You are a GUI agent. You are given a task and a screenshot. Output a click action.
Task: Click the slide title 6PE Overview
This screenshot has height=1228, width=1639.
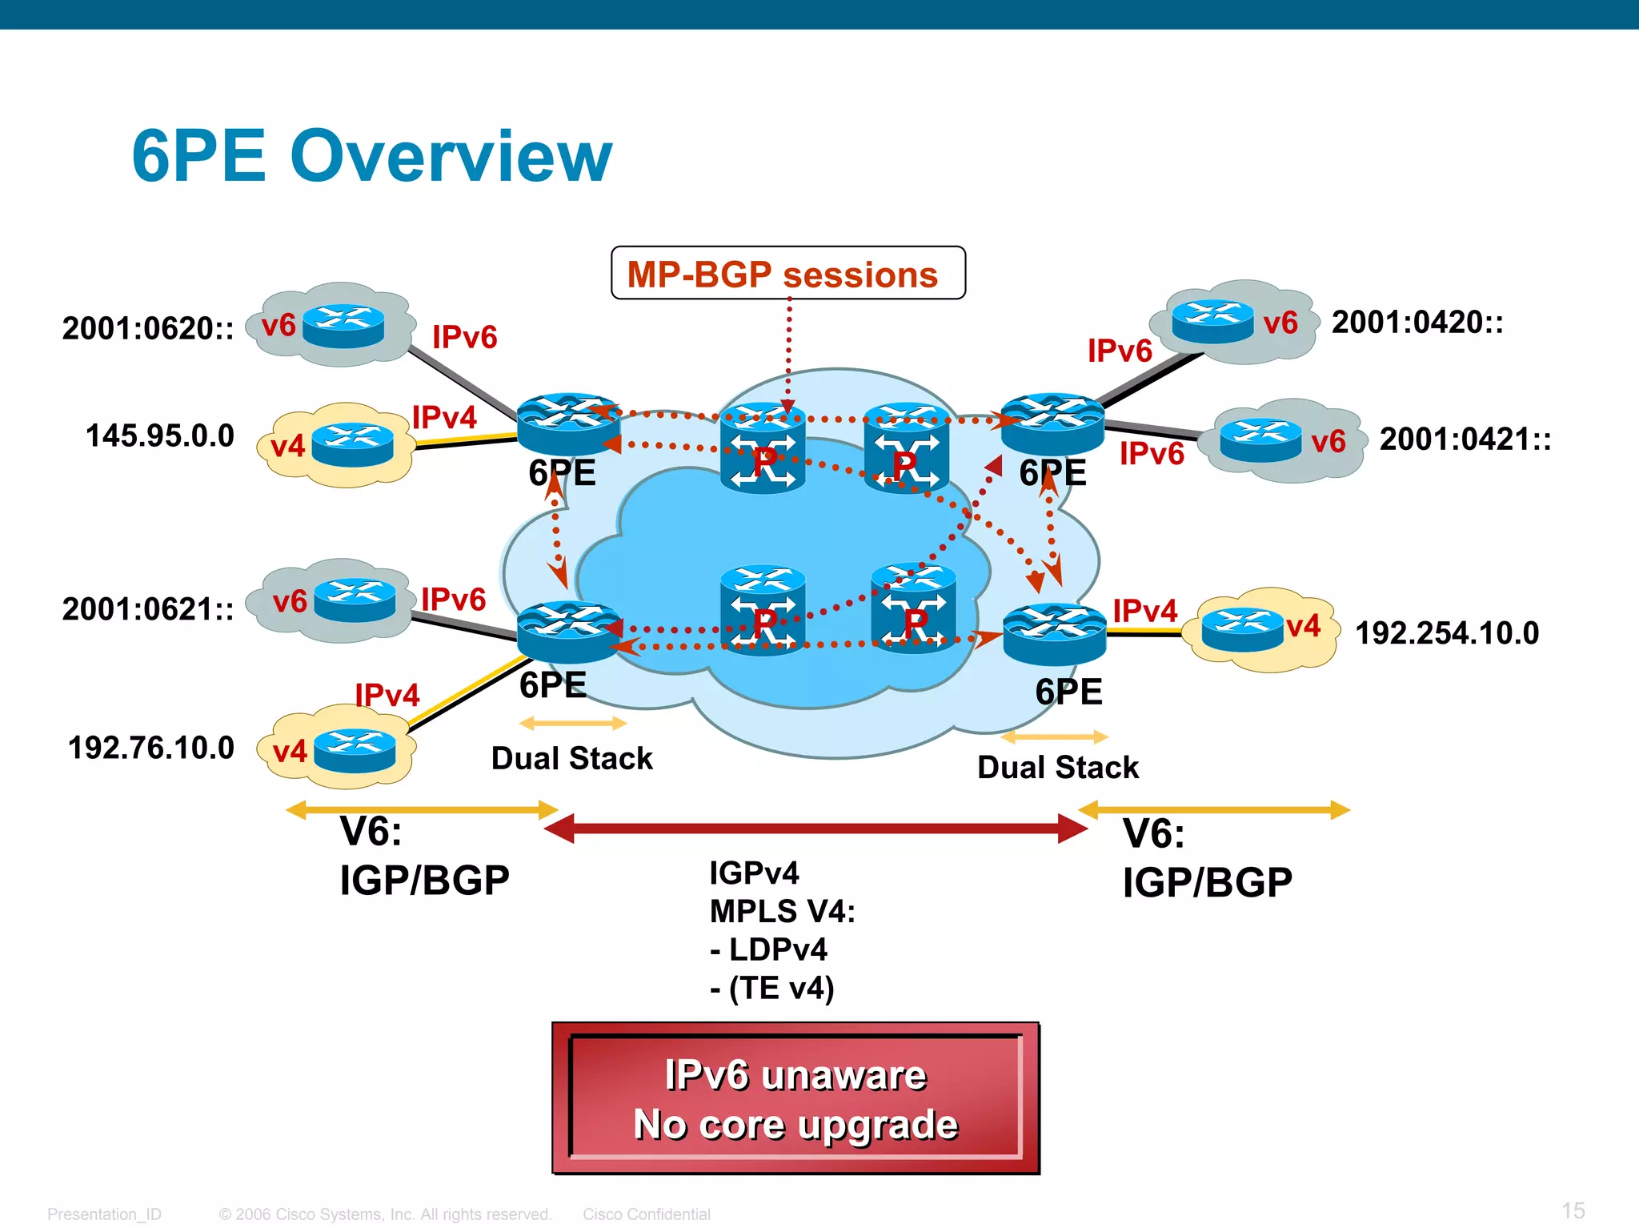(x=372, y=156)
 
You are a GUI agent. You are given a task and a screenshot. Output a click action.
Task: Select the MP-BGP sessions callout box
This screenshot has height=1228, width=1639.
(x=787, y=274)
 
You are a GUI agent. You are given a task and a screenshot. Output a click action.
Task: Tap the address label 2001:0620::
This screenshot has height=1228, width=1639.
(x=148, y=328)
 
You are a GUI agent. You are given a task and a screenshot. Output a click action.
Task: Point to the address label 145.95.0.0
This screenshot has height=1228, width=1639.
(x=160, y=436)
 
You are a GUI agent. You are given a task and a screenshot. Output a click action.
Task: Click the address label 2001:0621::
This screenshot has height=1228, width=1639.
(x=148, y=609)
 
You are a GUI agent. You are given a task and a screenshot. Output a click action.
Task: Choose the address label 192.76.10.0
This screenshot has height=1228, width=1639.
(x=151, y=748)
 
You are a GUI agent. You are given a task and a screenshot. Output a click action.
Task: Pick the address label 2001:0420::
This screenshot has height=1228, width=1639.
(x=1417, y=323)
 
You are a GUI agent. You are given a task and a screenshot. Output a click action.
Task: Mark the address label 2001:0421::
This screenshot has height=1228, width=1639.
(x=1465, y=439)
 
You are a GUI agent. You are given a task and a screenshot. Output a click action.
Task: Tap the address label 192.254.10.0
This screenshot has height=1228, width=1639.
(x=1447, y=633)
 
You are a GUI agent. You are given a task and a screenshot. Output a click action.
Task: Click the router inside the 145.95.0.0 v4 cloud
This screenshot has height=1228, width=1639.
(x=352, y=444)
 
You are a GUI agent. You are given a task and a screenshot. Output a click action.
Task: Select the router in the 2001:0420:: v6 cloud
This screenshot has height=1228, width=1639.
(x=1212, y=321)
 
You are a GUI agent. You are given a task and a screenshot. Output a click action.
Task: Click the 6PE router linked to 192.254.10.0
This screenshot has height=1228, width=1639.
(x=1054, y=633)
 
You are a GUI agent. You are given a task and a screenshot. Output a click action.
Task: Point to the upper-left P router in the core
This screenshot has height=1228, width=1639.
(x=762, y=448)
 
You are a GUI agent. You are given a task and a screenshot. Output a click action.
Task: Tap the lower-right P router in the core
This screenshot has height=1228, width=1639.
(x=913, y=608)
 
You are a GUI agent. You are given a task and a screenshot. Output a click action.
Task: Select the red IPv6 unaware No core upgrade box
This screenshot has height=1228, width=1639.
(x=795, y=1098)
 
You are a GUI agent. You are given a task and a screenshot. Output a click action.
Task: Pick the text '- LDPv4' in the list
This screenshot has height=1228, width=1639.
(x=768, y=949)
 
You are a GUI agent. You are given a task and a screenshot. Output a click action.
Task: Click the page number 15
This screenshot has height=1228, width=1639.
(x=1573, y=1210)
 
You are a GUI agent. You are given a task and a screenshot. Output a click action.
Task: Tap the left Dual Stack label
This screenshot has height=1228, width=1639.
(x=571, y=758)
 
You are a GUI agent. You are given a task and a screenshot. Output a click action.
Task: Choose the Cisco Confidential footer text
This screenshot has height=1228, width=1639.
(x=646, y=1214)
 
